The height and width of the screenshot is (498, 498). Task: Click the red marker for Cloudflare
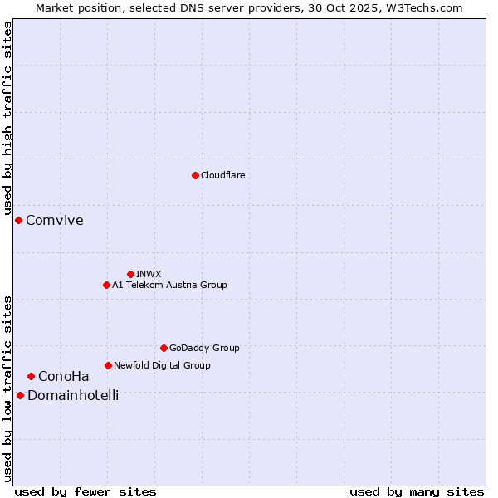[195, 175]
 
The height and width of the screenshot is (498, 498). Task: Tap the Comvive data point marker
[18, 220]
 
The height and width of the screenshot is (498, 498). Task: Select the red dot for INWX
[130, 274]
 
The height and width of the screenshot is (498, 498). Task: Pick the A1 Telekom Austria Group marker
[106, 285]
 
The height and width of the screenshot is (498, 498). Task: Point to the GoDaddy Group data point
[164, 348]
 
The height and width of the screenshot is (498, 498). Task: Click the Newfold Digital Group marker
[108, 365]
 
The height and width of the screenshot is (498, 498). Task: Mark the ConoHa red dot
[31, 376]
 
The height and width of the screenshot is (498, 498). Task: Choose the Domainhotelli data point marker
[20, 395]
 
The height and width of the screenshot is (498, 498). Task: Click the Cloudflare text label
[222, 175]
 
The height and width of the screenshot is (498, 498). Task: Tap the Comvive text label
[54, 220]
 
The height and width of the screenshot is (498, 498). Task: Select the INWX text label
[149, 274]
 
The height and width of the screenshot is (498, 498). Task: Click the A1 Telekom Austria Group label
[169, 285]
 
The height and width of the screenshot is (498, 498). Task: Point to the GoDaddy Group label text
[204, 348]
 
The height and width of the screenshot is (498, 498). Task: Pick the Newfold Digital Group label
[162, 365]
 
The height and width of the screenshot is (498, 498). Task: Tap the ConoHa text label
[63, 376]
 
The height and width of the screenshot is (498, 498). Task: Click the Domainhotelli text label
[73, 395]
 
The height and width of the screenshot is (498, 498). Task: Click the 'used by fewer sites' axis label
[85, 491]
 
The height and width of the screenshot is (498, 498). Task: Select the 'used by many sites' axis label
[417, 491]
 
